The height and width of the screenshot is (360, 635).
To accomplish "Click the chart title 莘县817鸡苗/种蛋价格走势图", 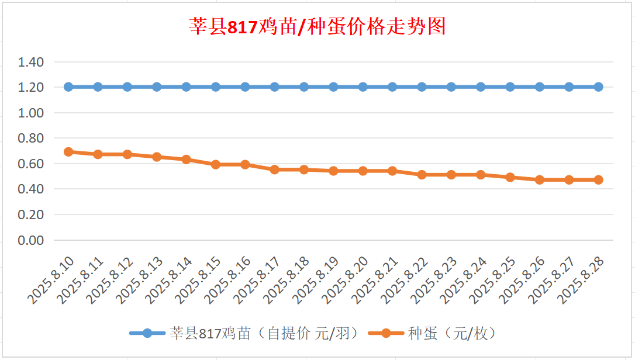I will tap(317, 26).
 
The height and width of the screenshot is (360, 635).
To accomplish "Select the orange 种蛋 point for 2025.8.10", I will tap(68, 152).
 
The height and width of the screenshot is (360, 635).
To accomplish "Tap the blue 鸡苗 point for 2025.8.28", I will tap(598, 87).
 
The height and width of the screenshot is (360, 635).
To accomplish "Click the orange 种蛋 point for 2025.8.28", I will tap(598, 180).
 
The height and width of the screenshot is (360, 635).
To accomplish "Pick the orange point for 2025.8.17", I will tap(275, 169).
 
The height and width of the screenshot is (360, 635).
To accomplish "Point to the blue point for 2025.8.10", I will tap(68, 87).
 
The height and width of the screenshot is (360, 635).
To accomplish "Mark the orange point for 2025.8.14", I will tap(187, 160).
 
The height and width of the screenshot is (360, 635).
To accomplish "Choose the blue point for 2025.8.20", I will tap(363, 87).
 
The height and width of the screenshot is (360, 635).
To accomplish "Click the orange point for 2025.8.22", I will tap(422, 175).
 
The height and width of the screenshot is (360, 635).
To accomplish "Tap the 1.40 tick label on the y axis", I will tap(31, 62).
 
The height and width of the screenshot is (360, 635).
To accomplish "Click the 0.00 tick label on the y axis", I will tap(31, 240).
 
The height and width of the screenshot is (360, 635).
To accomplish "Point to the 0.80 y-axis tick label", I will tap(31, 139).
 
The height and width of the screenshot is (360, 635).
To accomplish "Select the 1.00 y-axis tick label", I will tap(31, 113).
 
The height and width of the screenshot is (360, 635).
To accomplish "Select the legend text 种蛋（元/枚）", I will tap(452, 334).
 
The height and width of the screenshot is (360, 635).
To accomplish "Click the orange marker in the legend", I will tap(386, 334).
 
